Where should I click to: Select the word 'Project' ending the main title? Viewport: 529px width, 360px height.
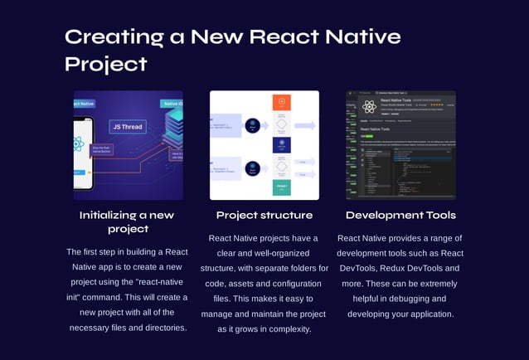point(106,64)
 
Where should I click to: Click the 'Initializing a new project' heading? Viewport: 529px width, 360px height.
point(127,221)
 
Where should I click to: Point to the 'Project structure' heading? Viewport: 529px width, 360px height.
point(264,215)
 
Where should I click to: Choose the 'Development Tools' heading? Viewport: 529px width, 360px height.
point(400,215)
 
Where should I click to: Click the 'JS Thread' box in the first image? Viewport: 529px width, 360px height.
point(129,127)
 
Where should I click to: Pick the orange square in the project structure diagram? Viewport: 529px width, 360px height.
point(282,102)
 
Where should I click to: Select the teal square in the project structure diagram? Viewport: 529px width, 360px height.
point(282,187)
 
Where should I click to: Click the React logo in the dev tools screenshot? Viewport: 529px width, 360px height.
point(368,105)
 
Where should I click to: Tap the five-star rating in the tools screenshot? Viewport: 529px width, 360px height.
point(436,105)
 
